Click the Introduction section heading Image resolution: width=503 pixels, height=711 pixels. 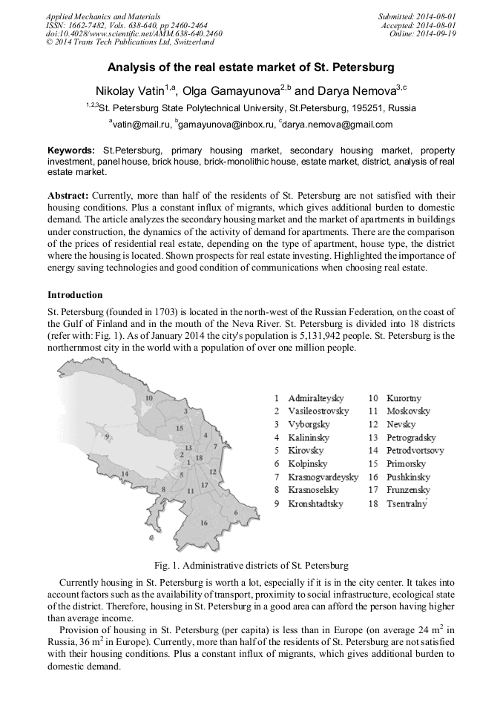pos(75,294)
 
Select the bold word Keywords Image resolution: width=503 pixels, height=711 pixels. pos(70,151)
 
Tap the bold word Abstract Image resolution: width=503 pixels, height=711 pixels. pos(68,195)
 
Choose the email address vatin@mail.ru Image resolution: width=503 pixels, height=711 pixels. pos(140,125)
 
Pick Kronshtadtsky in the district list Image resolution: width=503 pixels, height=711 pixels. pos(315,504)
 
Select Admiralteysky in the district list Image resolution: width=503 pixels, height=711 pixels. pos(315,398)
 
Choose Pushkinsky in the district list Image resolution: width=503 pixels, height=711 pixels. pos(408,477)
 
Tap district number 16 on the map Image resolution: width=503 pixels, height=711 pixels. pos(205,522)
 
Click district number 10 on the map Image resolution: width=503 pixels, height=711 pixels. pos(148,398)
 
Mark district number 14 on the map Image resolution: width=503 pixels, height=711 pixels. pos(125,473)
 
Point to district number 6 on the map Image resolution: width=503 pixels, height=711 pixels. pos(235,513)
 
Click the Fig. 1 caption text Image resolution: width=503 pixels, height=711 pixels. pos(251,565)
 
